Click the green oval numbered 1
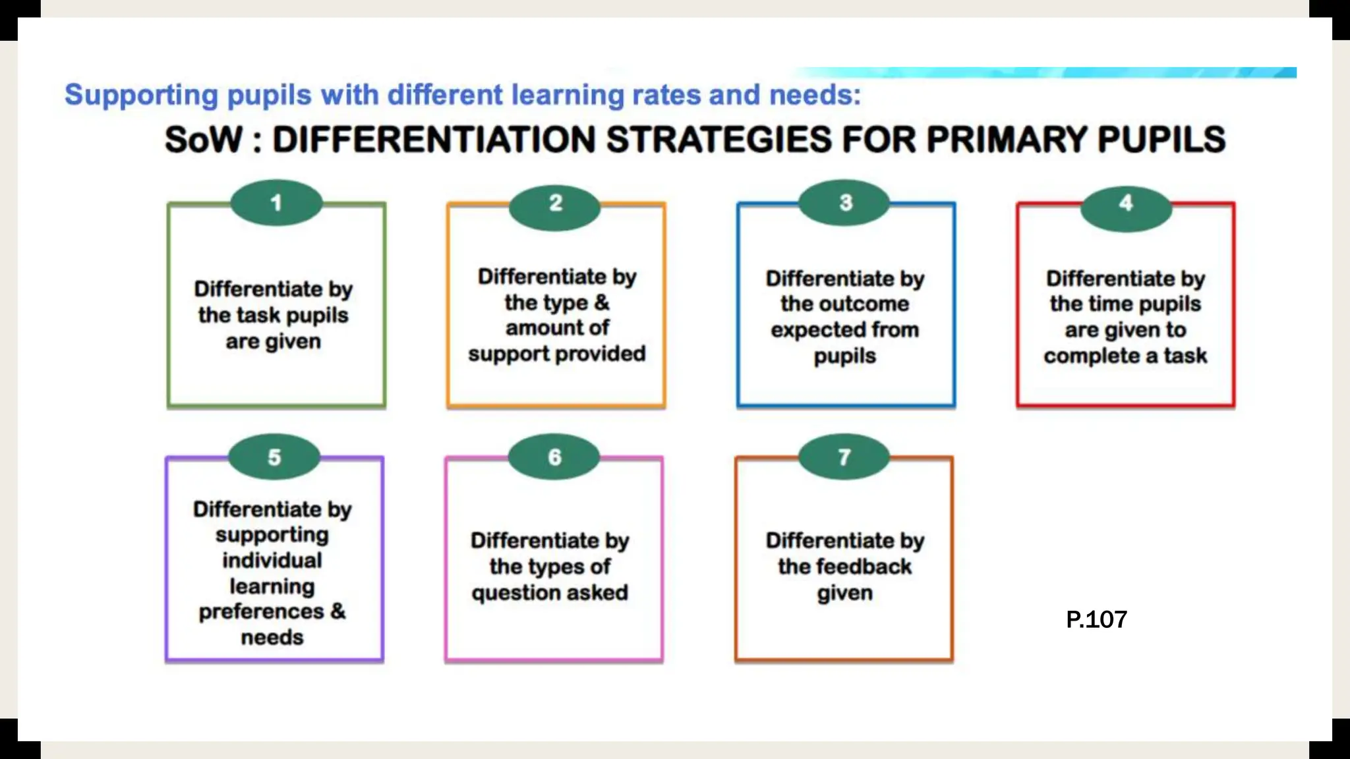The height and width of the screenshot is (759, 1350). (276, 203)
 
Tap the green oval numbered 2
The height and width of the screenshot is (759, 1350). (555, 203)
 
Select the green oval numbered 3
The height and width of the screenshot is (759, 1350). (845, 203)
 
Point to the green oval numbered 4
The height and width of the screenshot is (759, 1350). (1126, 203)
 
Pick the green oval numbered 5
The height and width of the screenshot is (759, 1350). (274, 457)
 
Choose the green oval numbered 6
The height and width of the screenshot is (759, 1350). (554, 457)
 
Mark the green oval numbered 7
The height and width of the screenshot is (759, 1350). (844, 457)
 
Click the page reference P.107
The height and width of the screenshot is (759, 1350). (1096, 620)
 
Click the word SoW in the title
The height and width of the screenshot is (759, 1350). (204, 140)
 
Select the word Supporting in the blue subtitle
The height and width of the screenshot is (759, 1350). (141, 96)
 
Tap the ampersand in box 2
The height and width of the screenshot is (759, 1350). (602, 302)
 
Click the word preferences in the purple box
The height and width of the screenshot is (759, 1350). (261, 612)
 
